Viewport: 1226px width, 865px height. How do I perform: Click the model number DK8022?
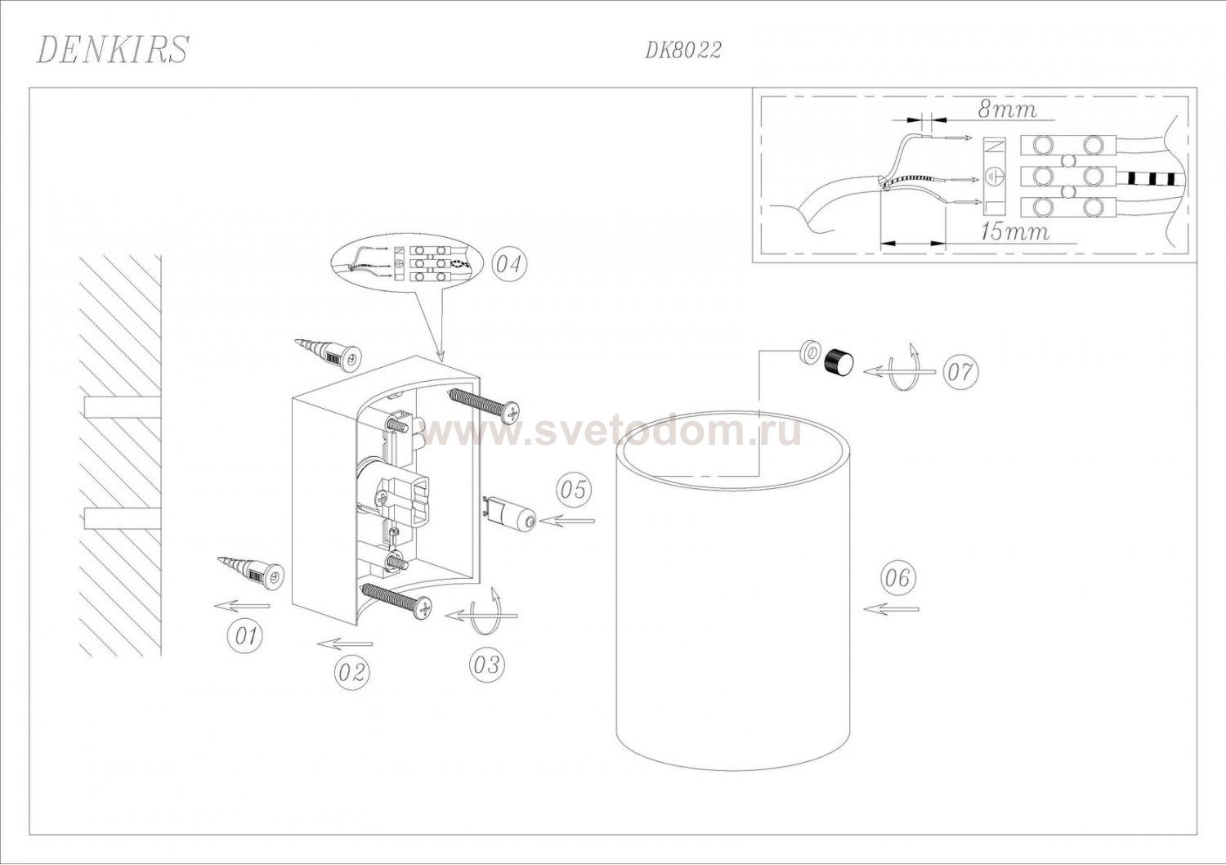683,51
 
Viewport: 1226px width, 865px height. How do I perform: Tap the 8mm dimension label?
1007,110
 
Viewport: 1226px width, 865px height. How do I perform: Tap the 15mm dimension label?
1015,232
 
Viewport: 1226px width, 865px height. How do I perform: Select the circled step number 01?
244,637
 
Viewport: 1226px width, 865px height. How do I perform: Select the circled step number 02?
351,672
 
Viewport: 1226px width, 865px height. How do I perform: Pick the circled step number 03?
486,666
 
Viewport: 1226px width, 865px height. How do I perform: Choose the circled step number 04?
509,264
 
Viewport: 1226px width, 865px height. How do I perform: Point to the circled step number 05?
574,490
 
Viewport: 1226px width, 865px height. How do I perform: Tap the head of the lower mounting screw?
423,607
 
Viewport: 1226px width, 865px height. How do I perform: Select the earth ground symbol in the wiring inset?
994,177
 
